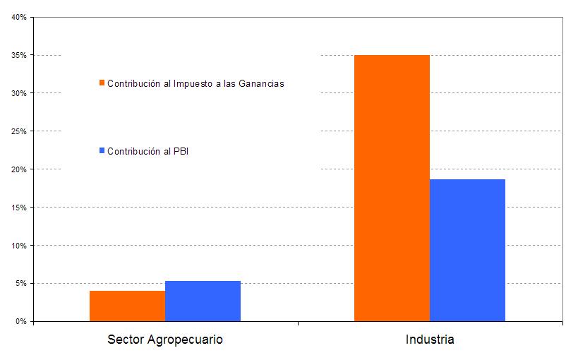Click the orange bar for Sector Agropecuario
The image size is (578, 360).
click(127, 306)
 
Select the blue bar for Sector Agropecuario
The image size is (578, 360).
click(203, 301)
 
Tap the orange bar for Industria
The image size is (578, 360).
click(392, 188)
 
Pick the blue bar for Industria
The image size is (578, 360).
click(467, 250)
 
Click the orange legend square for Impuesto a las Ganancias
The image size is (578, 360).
click(102, 83)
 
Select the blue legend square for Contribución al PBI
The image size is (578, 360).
click(102, 150)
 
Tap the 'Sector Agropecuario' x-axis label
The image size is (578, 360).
click(165, 340)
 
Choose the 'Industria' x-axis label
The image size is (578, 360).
click(430, 340)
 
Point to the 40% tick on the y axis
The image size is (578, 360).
click(19, 17)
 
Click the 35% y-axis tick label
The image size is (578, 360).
click(19, 55)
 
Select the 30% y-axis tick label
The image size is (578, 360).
click(19, 93)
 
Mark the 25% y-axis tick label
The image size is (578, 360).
click(19, 131)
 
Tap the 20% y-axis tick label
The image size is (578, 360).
click(19, 169)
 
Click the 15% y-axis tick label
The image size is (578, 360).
click(19, 208)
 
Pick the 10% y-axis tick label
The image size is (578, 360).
click(19, 246)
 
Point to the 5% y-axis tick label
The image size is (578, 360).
click(21, 284)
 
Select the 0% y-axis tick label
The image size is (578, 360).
click(21, 322)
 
